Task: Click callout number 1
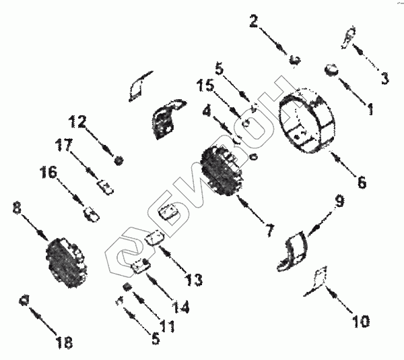370,106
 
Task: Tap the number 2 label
253,22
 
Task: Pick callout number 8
17,208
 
